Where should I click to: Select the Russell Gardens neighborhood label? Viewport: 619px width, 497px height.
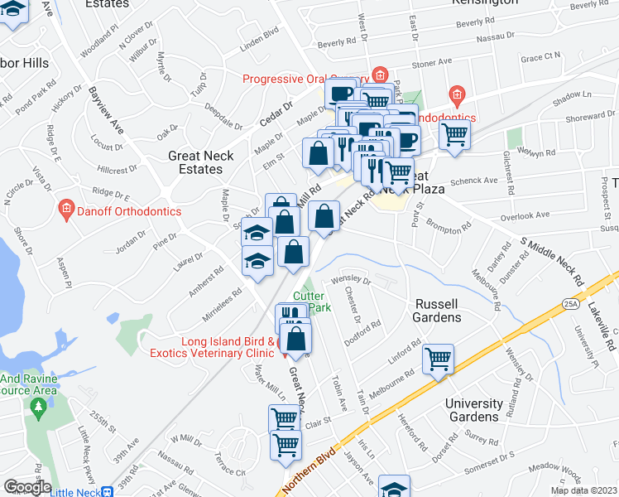tap(438, 311)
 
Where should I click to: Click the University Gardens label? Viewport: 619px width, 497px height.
tap(474, 410)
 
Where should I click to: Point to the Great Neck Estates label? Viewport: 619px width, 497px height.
tap(200, 162)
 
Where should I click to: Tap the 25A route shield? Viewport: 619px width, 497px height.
tap(570, 304)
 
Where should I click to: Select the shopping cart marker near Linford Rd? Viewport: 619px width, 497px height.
tap(438, 360)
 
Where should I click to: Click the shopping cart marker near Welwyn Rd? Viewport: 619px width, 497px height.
tap(453, 134)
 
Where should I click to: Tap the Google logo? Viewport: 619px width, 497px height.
tap(27, 487)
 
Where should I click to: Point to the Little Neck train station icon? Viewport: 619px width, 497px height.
tap(106, 491)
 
